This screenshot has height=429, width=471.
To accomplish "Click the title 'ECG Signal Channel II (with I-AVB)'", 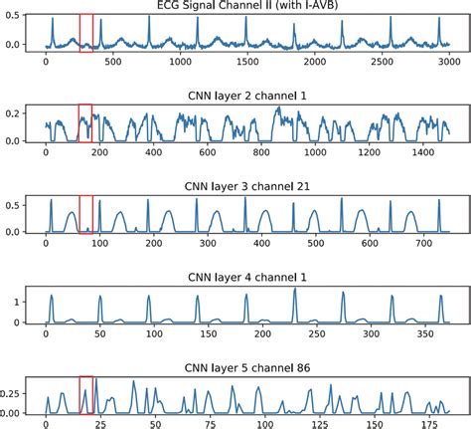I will [x=245, y=6].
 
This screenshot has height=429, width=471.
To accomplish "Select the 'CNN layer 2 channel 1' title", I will [x=245, y=97].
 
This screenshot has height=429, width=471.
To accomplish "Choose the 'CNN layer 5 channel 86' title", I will [x=245, y=367].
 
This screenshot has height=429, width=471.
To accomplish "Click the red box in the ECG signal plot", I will [x=86, y=32].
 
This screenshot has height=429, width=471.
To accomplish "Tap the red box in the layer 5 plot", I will [x=85, y=394].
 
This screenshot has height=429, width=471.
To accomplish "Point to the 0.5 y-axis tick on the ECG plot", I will [x=16, y=22].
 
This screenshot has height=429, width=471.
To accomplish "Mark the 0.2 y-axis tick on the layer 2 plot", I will [x=16, y=113].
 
